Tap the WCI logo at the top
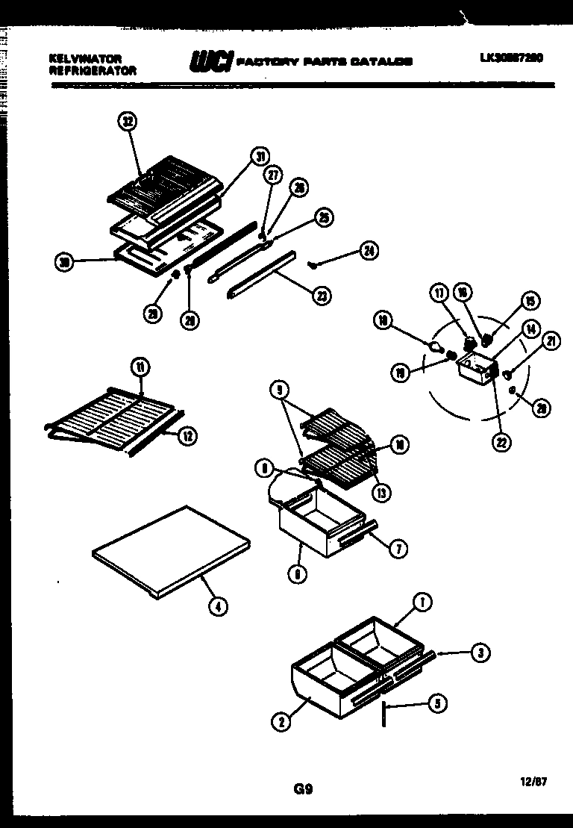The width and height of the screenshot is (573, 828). [x=211, y=61]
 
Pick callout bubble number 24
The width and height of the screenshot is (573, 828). [x=367, y=251]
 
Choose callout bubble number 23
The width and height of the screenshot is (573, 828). [x=322, y=295]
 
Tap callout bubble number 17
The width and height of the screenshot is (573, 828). [x=440, y=294]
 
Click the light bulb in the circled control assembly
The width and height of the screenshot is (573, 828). [x=434, y=346]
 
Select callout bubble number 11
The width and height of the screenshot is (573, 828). [x=140, y=366]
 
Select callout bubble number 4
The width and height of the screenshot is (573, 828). [x=217, y=606]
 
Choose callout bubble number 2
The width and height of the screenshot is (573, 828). [x=281, y=721]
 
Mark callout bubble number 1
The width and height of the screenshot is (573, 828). [x=422, y=603]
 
